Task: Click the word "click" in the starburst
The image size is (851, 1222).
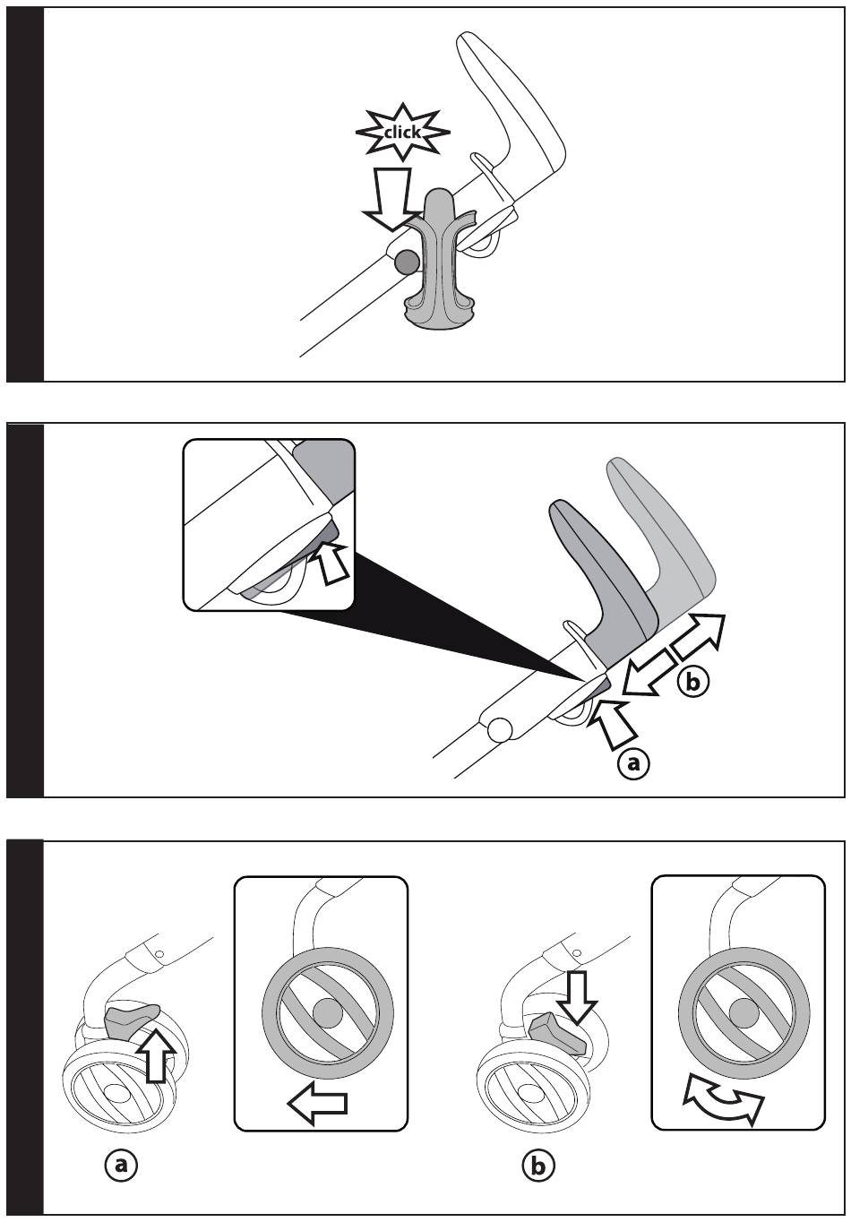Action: click(402, 132)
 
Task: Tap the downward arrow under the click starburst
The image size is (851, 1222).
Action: click(391, 199)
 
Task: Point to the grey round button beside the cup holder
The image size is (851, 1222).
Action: click(407, 262)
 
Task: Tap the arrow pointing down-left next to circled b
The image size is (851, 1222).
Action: click(649, 672)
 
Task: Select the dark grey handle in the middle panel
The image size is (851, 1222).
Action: click(597, 572)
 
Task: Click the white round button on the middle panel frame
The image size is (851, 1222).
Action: click(499, 730)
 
